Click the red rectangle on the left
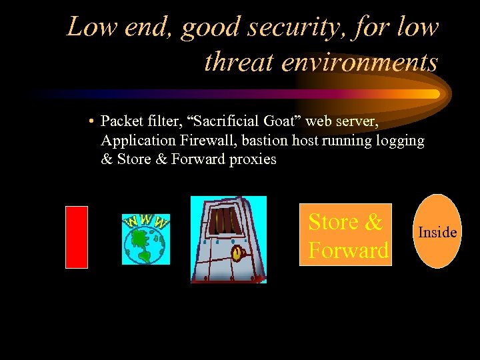(x=77, y=237)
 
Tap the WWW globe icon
(x=146, y=239)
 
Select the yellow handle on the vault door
(x=237, y=253)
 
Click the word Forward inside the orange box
(x=347, y=251)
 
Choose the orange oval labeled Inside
(x=437, y=231)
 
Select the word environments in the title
(x=359, y=61)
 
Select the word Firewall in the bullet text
(x=207, y=141)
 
